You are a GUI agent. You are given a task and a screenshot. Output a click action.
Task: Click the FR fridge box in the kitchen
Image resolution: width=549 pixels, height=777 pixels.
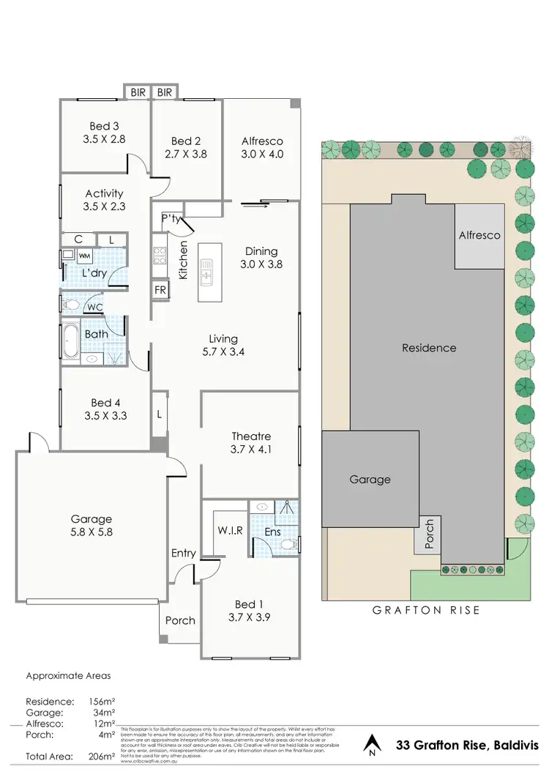tap(160, 289)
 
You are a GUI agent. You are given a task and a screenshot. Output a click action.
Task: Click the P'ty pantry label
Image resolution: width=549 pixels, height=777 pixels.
tap(171, 218)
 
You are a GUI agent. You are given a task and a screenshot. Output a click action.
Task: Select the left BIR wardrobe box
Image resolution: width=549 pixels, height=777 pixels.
tap(138, 92)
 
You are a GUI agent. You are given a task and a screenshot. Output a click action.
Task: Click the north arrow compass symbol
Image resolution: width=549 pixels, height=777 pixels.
tap(372, 745)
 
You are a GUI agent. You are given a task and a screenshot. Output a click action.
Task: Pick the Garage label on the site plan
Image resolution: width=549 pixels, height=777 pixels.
tap(370, 480)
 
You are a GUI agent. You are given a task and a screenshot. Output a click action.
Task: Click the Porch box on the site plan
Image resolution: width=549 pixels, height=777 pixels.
tap(429, 535)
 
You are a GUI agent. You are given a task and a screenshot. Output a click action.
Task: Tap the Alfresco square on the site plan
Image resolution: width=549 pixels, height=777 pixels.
tap(479, 236)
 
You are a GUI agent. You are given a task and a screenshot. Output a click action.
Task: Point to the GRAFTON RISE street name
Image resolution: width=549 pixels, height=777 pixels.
tap(427, 609)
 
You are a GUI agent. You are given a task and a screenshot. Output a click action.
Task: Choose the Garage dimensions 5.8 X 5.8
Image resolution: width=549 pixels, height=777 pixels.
tap(91, 533)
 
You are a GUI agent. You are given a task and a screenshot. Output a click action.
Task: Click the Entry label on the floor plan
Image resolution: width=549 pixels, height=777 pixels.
tap(184, 553)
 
